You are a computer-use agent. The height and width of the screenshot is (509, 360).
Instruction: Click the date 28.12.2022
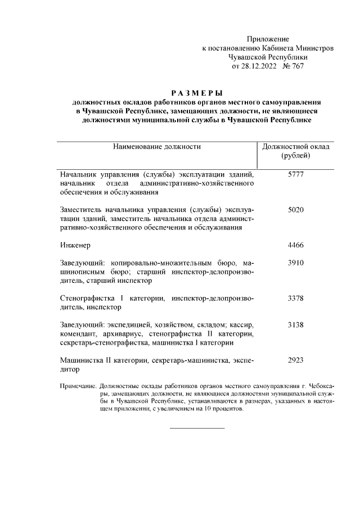click(x=260, y=66)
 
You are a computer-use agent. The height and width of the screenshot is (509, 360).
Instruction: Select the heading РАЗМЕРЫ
click(x=197, y=92)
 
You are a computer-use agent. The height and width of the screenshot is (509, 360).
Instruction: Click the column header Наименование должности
click(x=157, y=147)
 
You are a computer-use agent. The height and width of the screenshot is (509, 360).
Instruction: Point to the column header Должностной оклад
click(x=296, y=147)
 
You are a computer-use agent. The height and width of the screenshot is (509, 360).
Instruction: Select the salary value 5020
click(x=296, y=210)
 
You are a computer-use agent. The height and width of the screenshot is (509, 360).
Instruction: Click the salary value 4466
click(x=296, y=245)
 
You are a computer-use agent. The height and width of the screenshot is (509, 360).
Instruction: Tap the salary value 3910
click(x=296, y=263)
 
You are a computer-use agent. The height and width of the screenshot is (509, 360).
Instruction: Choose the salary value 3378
click(x=296, y=298)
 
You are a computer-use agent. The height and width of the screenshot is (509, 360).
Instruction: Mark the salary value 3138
click(x=296, y=325)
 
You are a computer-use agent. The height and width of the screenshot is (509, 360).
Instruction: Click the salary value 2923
click(x=296, y=361)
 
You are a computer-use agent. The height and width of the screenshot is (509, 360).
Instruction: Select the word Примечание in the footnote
click(x=78, y=387)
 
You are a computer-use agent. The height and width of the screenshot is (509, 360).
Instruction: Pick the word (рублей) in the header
click(x=296, y=156)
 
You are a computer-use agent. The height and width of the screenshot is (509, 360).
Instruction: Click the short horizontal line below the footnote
click(x=197, y=428)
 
